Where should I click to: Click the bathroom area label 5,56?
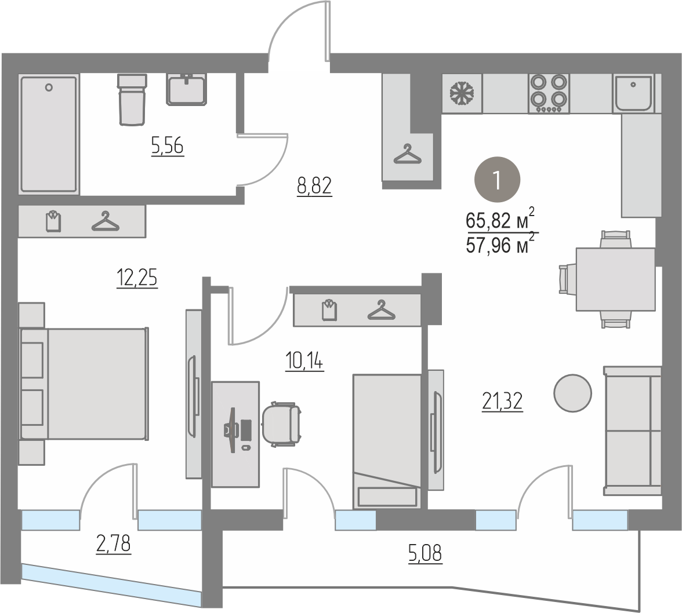(168, 145)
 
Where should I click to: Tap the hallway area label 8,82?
(314, 186)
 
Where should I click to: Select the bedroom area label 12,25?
(137, 278)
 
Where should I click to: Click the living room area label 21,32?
(502, 401)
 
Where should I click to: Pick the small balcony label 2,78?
(113, 544)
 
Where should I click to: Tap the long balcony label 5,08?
(426, 554)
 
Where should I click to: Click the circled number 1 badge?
(496, 180)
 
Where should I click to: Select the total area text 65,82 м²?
(500, 219)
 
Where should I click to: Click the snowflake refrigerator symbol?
(462, 94)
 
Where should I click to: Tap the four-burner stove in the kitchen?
(549, 93)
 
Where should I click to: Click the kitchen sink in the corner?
(633, 93)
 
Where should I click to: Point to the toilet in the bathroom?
(132, 100)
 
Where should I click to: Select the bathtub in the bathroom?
(49, 134)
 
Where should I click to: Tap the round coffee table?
(572, 393)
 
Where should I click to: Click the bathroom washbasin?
(186, 89)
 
